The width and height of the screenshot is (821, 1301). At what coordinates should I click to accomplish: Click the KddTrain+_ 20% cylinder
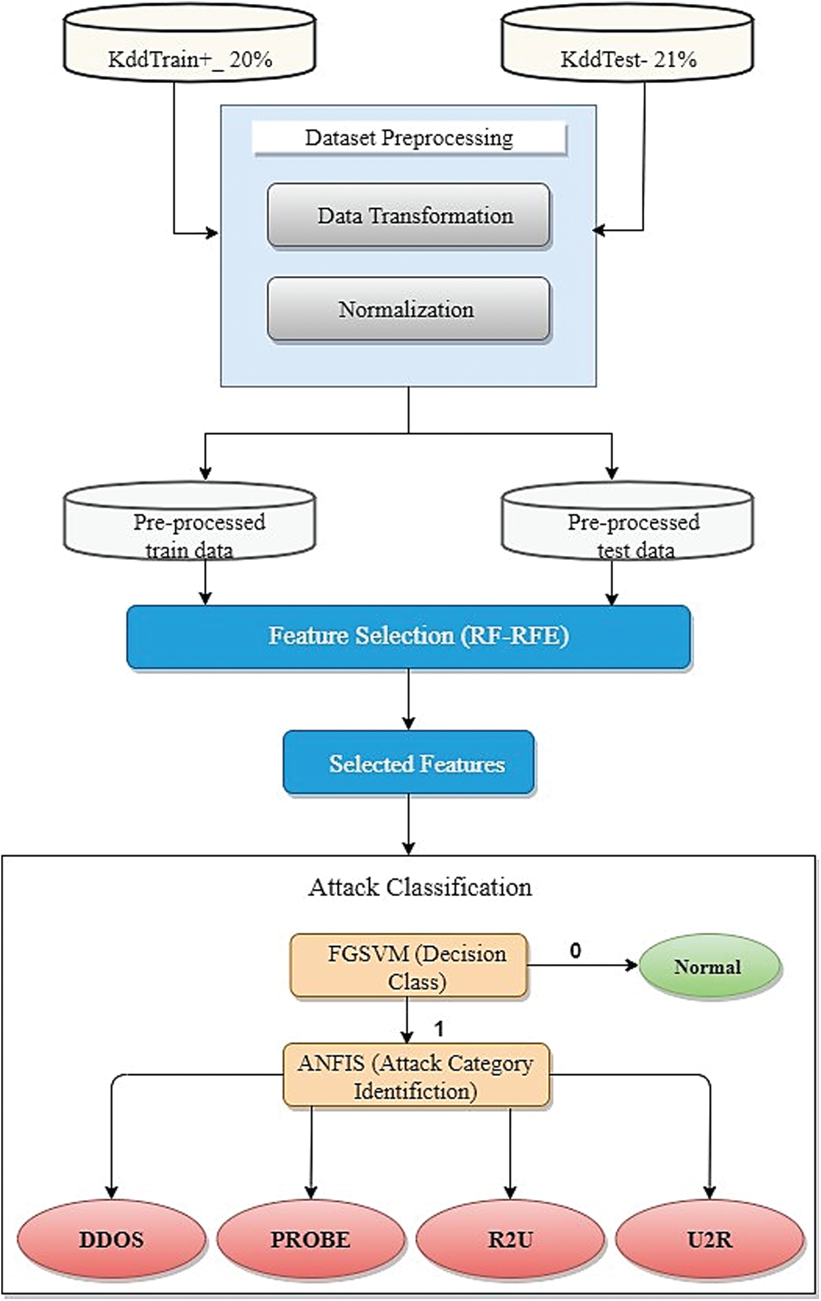click(x=190, y=52)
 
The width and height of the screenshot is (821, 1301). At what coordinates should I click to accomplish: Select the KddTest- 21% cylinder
click(x=627, y=52)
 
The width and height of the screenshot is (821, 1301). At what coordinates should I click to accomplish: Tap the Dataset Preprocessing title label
click(x=410, y=138)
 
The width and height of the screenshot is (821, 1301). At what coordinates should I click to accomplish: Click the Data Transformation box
click(x=409, y=215)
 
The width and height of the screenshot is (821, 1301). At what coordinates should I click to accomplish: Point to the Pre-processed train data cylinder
click(x=190, y=527)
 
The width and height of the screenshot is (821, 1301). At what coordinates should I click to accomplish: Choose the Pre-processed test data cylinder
click(x=627, y=527)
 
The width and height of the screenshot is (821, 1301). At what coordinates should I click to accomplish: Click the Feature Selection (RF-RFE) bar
click(x=409, y=636)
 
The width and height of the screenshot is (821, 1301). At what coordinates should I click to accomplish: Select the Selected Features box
click(x=409, y=763)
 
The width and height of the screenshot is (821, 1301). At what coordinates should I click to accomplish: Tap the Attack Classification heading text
click(x=420, y=888)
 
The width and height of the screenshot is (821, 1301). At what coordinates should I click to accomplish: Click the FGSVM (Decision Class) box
click(x=409, y=966)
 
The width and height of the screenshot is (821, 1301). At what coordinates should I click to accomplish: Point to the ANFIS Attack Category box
click(x=416, y=1075)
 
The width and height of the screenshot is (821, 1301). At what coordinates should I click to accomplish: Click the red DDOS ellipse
click(x=111, y=1240)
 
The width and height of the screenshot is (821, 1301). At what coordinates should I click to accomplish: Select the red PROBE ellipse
click(x=311, y=1240)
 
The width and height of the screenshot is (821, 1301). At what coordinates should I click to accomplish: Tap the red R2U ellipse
click(x=510, y=1240)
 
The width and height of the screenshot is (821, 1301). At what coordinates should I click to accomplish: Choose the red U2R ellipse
click(x=710, y=1240)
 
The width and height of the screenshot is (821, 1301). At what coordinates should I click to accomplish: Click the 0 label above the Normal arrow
click(x=575, y=950)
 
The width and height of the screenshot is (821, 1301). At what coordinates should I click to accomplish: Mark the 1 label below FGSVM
click(x=439, y=1029)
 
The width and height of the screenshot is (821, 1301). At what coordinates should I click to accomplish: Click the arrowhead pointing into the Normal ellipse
click(x=632, y=965)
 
